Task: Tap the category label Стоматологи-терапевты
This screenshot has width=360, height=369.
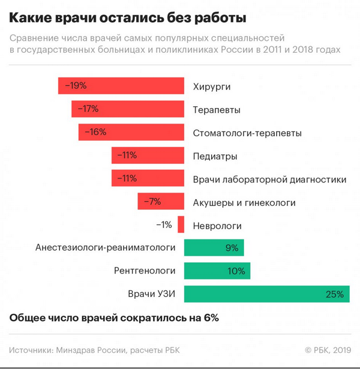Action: (x=247, y=133)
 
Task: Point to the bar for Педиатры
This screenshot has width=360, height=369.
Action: (x=148, y=155)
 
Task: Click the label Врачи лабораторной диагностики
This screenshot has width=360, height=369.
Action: (x=269, y=179)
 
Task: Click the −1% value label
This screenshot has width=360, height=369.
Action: (x=164, y=225)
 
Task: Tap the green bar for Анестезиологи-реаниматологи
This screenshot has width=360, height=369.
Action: (x=214, y=248)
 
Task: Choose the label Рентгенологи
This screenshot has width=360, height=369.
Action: (x=145, y=271)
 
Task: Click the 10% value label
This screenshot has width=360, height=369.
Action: (x=236, y=271)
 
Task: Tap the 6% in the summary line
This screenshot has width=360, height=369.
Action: (x=211, y=318)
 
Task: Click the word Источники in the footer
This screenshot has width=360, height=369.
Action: (x=31, y=350)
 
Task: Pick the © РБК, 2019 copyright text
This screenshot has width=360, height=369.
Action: (x=328, y=350)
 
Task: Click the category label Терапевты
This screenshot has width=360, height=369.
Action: (x=217, y=110)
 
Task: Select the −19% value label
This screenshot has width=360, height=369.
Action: (x=75, y=86)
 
